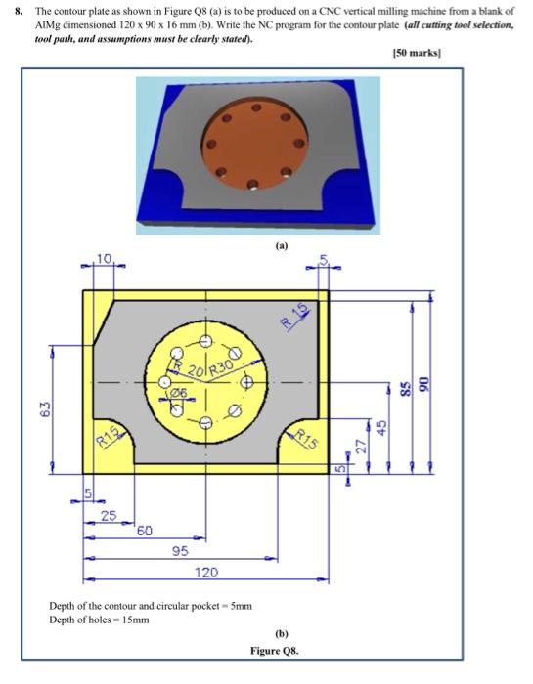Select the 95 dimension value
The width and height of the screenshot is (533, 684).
(180, 551)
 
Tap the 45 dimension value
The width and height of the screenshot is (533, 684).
(384, 427)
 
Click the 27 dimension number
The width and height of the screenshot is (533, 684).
(362, 447)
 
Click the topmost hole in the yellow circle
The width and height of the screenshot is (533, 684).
(204, 342)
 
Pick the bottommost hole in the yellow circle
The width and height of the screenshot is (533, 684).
(204, 422)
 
